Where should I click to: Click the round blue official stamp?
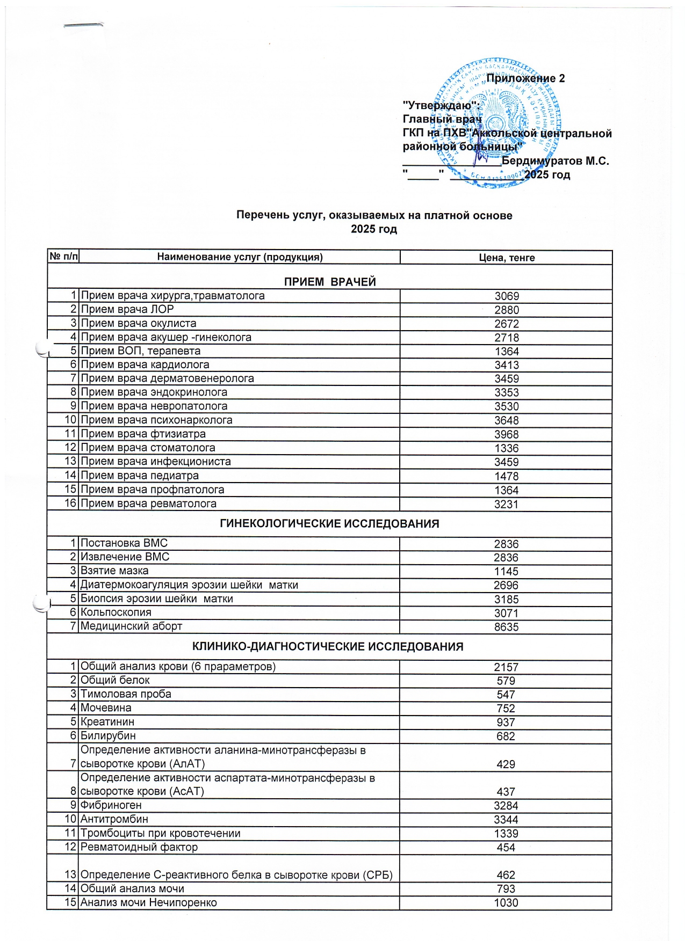click(497, 122)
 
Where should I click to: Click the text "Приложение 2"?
click(525, 78)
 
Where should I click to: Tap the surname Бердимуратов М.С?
click(555, 161)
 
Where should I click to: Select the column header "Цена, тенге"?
click(506, 258)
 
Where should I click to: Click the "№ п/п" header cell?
click(63, 257)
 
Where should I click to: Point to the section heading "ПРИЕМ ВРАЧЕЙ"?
click(329, 282)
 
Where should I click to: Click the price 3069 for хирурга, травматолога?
click(506, 296)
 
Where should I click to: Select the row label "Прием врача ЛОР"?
click(127, 309)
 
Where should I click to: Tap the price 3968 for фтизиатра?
click(506, 434)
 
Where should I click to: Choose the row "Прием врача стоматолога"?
click(148, 448)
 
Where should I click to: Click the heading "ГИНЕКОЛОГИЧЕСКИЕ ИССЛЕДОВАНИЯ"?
click(329, 524)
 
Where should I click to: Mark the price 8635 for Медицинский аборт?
click(506, 627)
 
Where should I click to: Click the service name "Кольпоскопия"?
click(116, 612)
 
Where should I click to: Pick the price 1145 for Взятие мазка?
click(506, 571)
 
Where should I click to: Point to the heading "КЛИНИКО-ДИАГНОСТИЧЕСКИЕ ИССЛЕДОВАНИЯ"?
click(328, 647)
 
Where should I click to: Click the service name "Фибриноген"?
click(111, 805)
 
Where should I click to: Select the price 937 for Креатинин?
click(506, 723)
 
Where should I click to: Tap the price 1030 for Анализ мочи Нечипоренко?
click(506, 903)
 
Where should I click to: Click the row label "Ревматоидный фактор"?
click(139, 847)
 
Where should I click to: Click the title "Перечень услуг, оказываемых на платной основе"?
click(374, 216)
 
